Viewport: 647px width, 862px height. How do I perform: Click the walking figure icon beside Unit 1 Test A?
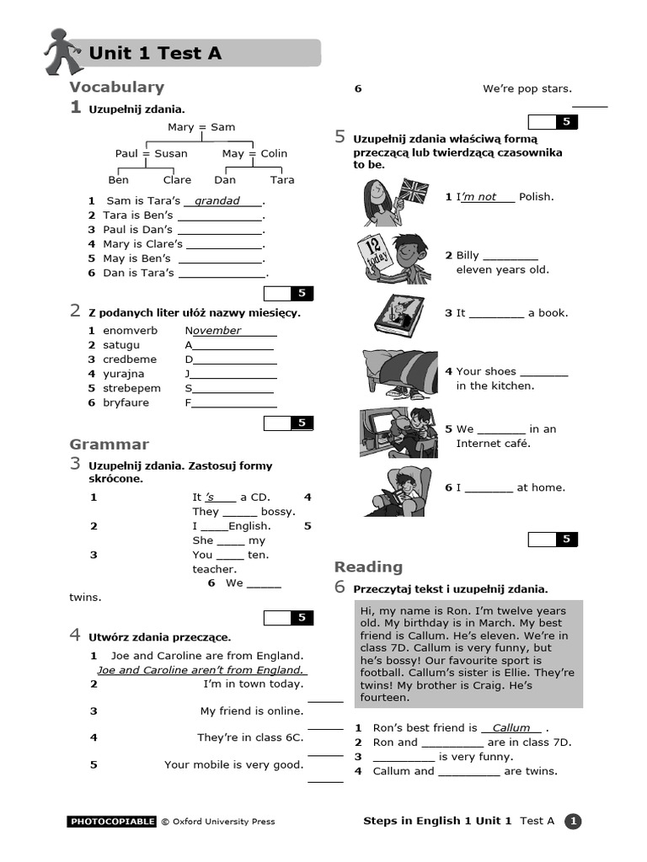pos(62,52)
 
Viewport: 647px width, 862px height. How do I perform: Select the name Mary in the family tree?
pos(180,127)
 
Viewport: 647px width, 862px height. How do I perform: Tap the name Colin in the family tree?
pos(274,153)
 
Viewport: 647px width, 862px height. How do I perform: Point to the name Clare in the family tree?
pos(177,179)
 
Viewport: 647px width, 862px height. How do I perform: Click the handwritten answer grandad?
pos(217,201)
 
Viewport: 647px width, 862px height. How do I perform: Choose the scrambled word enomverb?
pos(131,331)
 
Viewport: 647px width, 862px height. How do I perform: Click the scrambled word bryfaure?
pos(126,402)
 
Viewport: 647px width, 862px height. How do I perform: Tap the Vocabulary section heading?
pos(116,87)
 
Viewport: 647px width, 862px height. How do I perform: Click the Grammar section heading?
pos(109,444)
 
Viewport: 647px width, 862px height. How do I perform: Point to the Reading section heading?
pos(368,567)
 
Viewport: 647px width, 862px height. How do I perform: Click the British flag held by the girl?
pos(413,190)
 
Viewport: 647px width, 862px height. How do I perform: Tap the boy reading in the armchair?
pos(397,491)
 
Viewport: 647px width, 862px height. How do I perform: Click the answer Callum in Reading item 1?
pos(511,727)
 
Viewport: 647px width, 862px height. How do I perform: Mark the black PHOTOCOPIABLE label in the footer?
pos(112,822)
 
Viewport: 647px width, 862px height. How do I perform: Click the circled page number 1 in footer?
pos(573,822)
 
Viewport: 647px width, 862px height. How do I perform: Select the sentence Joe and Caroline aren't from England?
pos(201,670)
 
